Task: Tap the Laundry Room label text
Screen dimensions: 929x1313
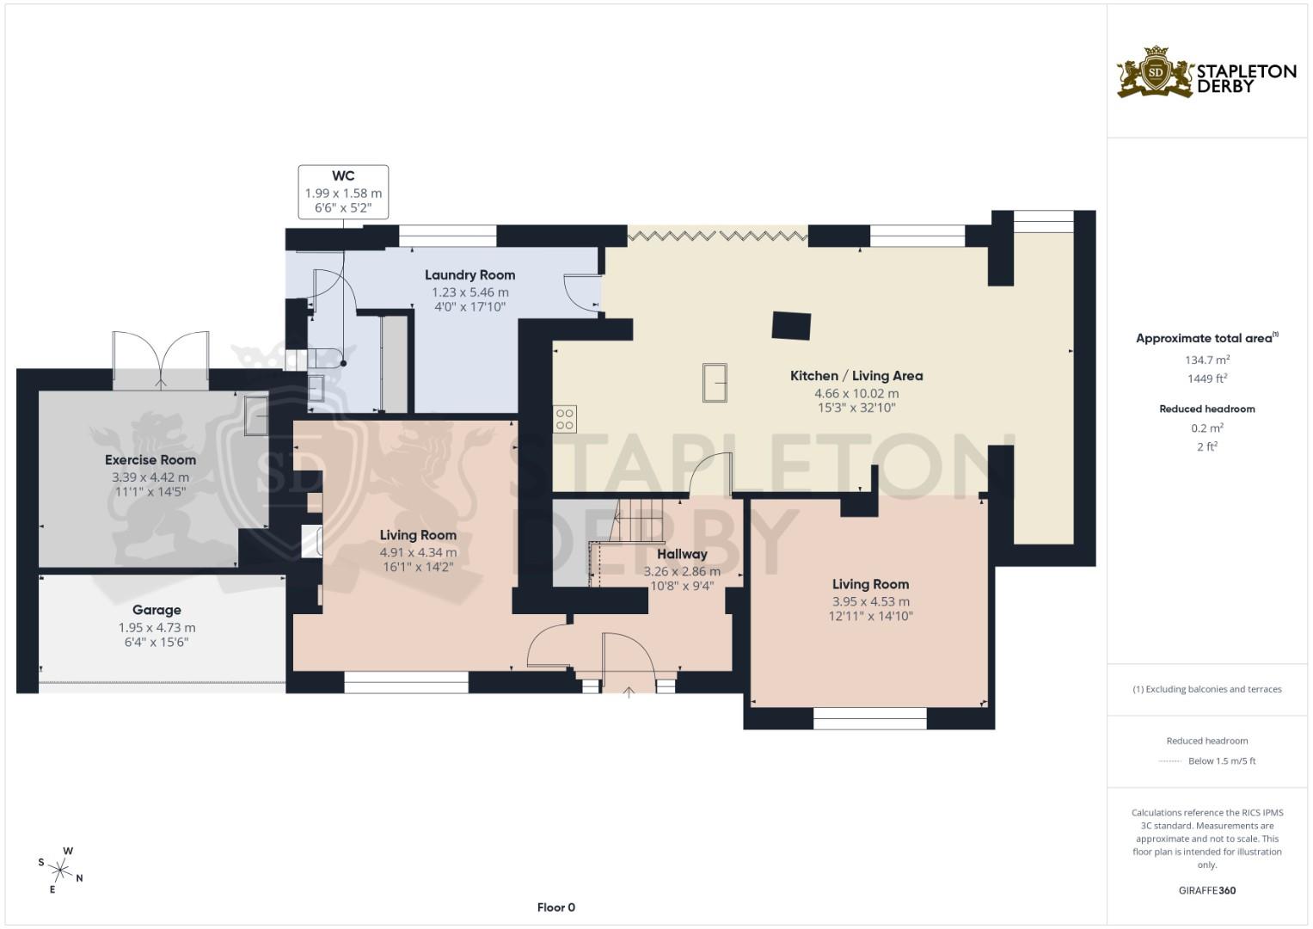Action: (x=469, y=275)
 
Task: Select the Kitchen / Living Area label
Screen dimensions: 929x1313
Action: (x=856, y=376)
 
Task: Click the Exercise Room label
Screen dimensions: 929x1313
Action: (x=150, y=460)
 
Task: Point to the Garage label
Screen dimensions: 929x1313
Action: (x=156, y=610)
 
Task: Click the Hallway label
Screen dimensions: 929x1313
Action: (x=682, y=554)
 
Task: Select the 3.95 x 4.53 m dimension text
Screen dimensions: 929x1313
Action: (x=870, y=601)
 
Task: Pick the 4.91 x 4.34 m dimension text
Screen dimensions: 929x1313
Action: (x=418, y=552)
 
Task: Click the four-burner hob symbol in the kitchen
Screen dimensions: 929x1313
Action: (x=565, y=419)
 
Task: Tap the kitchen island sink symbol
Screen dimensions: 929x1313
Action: (x=715, y=383)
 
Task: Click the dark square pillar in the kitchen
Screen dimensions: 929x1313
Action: (x=791, y=326)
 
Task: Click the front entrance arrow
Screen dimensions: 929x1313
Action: (x=629, y=691)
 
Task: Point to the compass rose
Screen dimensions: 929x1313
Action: (x=62, y=870)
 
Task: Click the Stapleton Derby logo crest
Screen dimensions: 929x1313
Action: (x=1156, y=73)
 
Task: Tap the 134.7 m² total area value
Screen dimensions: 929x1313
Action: (x=1207, y=360)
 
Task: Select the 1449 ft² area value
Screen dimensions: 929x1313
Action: (x=1207, y=378)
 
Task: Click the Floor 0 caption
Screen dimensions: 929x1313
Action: (x=556, y=907)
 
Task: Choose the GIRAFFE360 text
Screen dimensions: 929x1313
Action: (x=1207, y=890)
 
